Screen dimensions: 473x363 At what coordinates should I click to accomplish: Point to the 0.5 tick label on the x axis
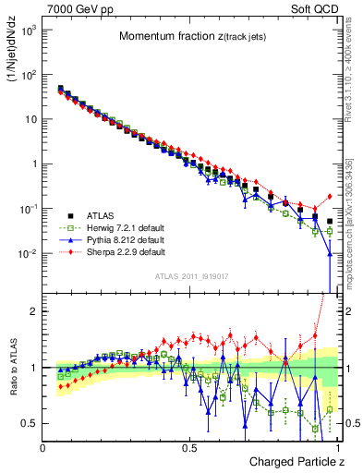190,448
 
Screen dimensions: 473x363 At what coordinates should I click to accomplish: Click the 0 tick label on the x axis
43,448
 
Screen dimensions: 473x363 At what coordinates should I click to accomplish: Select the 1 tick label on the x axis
337,448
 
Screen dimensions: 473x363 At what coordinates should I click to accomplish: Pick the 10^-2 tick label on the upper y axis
28,254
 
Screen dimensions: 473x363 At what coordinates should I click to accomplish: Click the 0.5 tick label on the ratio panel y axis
30,423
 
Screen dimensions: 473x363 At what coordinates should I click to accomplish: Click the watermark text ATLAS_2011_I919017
190,276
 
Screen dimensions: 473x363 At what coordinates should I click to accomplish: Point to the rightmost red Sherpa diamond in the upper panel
330,196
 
